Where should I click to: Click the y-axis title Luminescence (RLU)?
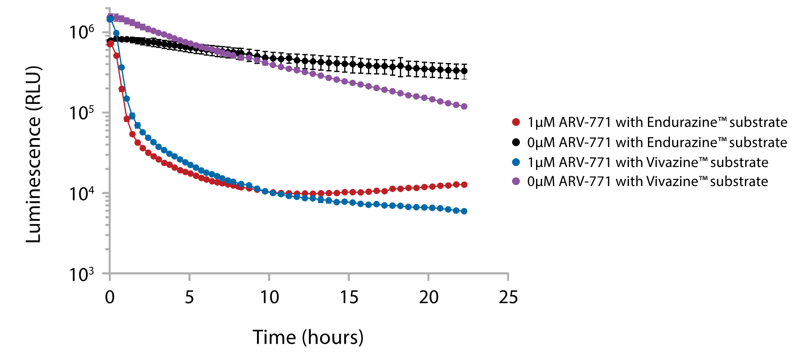[x=33, y=154]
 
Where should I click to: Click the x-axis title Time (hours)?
[x=308, y=338]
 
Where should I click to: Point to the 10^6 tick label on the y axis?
[x=82, y=32]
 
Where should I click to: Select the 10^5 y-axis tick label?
[x=82, y=113]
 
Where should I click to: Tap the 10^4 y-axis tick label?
[x=82, y=193]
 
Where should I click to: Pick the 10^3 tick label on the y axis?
[x=82, y=274]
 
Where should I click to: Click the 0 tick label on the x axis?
[x=110, y=297]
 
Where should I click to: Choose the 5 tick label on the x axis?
[x=190, y=297]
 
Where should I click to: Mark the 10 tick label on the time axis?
[x=269, y=297]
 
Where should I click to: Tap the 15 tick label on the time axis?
[x=349, y=297]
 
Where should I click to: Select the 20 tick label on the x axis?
[x=429, y=297]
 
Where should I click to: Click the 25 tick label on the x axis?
[x=508, y=297]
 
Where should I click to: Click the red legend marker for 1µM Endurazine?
[x=516, y=122]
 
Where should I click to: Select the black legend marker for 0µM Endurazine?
[x=516, y=142]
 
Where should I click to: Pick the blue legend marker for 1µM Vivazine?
[x=516, y=162]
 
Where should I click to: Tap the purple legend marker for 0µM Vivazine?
[x=516, y=181]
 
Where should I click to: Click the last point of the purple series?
[x=464, y=106]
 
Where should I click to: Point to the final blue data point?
[x=464, y=211]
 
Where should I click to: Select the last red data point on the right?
[x=464, y=185]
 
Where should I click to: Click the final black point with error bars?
[x=464, y=71]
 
